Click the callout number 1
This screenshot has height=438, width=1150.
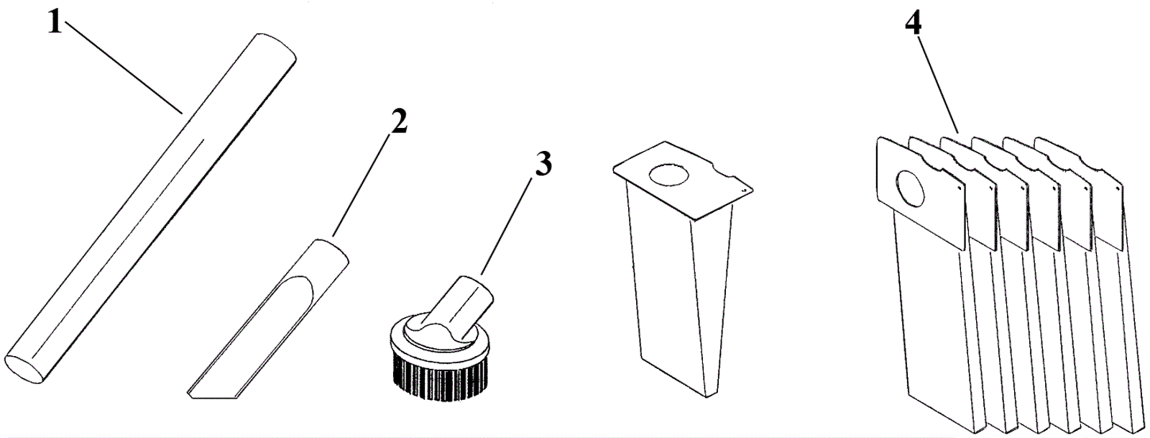point(55,22)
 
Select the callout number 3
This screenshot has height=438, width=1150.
point(543,164)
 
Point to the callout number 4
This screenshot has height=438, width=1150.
point(913,23)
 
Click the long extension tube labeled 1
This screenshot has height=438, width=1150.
point(150,209)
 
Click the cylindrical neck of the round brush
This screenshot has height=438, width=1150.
point(461,307)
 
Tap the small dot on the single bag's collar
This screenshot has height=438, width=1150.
point(743,191)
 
